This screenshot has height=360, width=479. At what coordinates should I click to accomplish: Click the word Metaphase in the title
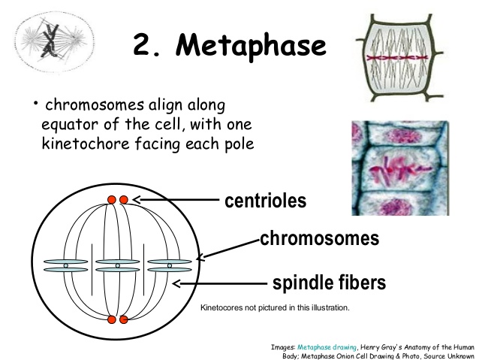[251, 46]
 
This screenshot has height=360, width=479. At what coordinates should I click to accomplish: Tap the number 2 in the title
[142, 44]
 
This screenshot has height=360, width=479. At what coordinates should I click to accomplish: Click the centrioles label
[266, 201]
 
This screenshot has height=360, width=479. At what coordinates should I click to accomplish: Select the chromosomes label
[320, 238]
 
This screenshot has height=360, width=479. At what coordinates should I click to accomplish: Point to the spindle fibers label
[329, 283]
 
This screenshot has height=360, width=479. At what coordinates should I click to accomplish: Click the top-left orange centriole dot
[112, 200]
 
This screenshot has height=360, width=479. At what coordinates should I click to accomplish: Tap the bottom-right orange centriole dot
[123, 319]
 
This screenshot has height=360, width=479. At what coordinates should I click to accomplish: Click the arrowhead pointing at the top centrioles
[137, 200]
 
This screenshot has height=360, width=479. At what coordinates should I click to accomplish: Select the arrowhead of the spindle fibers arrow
[176, 283]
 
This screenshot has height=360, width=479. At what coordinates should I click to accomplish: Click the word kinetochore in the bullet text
[86, 144]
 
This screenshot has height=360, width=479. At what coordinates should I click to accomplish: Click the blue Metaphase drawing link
[327, 347]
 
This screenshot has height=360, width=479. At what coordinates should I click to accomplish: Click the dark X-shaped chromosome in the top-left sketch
[50, 41]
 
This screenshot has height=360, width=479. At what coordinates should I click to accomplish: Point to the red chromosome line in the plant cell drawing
[397, 58]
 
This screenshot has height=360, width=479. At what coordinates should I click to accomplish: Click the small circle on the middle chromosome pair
[118, 266]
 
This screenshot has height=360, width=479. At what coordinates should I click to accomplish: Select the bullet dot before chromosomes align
[36, 103]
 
